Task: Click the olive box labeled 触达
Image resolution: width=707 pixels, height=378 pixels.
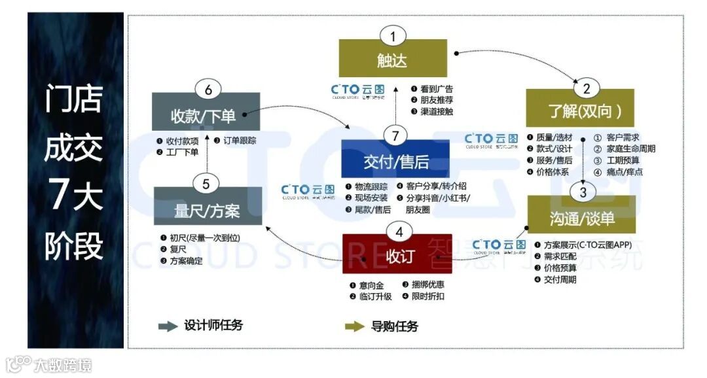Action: click(x=393, y=60)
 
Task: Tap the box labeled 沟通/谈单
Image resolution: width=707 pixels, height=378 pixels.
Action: click(x=581, y=217)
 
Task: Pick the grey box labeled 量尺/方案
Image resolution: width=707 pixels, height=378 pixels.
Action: click(x=207, y=211)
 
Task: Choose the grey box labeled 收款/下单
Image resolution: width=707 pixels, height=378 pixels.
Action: click(x=206, y=116)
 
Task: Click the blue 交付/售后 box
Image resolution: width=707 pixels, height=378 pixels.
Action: click(x=395, y=160)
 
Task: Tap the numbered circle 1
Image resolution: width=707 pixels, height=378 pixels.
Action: click(x=393, y=36)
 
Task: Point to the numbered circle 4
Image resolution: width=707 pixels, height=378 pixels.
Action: click(x=399, y=232)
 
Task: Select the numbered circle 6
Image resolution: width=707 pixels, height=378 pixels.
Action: click(x=208, y=90)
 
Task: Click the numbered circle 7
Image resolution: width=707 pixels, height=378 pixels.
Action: click(x=395, y=137)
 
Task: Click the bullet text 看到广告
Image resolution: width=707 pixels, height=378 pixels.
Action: click(x=436, y=89)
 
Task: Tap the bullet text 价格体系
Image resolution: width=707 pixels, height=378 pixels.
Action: click(x=553, y=172)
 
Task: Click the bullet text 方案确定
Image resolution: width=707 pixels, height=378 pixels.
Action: click(x=185, y=261)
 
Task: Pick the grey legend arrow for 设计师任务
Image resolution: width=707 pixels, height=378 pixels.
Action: click(x=168, y=326)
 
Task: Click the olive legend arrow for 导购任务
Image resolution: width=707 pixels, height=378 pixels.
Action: click(x=355, y=326)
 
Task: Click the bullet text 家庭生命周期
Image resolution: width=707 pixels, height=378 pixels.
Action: click(x=630, y=149)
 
